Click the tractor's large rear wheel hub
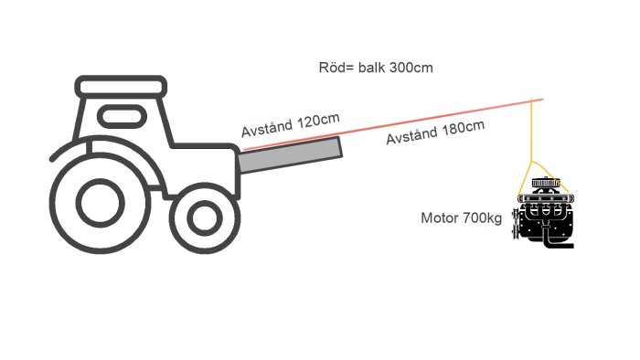tap(100, 203)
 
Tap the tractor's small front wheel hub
tap(205, 218)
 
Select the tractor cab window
tap(122, 116)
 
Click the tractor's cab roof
tap(121, 87)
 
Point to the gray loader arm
tap(290, 155)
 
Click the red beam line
tap(393, 124)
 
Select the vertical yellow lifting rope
tap(531, 131)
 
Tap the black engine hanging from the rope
tap(544, 212)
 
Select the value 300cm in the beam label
tap(411, 68)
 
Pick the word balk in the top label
tap(371, 68)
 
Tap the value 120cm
tap(318, 122)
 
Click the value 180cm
tap(464, 128)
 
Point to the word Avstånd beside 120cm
tap(267, 129)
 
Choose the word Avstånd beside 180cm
tap(411, 136)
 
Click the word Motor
tap(440, 218)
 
